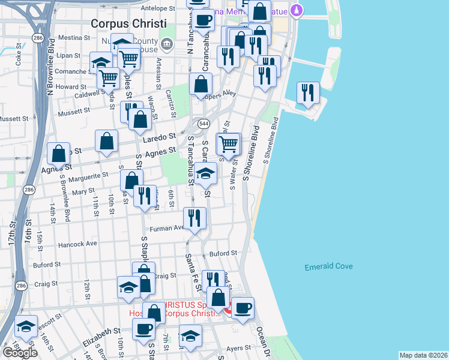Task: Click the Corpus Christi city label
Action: (127, 23)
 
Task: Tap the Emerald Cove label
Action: (328, 266)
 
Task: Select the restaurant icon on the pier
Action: (308, 93)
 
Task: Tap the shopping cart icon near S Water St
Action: (228, 145)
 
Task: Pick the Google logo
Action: (20, 352)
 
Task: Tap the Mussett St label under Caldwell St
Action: (73, 110)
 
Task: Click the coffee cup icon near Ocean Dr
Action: (243, 309)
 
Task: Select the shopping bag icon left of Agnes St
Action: (59, 154)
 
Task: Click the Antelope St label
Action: (157, 8)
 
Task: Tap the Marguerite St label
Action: (89, 176)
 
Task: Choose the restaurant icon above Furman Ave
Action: (193, 218)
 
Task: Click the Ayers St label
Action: (238, 347)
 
